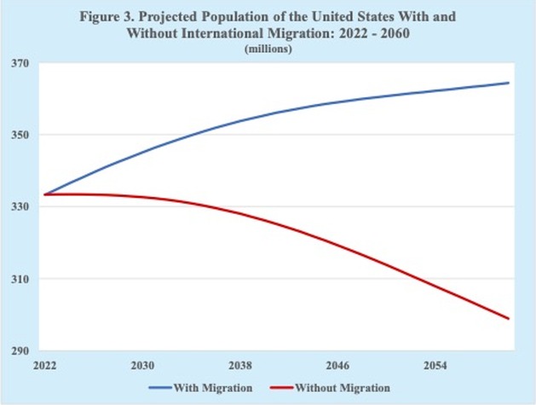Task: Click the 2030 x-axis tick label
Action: pos(141,365)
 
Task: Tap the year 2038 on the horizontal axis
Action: pos(239,365)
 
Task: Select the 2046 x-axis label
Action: pos(337,365)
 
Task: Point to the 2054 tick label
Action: pos(435,365)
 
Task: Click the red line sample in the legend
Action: pos(281,389)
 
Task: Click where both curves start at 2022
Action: pos(45,194)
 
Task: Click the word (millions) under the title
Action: pos(268,50)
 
